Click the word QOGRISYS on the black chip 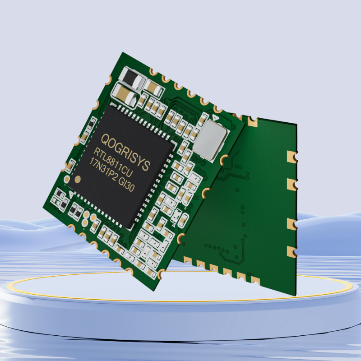[x=126, y=152]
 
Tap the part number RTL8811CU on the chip [x=113, y=162]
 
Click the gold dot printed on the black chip [x=78, y=179]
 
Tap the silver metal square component [x=210, y=140]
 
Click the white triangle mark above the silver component [x=215, y=118]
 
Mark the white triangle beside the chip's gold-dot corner [x=71, y=194]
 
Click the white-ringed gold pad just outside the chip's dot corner [x=66, y=179]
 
